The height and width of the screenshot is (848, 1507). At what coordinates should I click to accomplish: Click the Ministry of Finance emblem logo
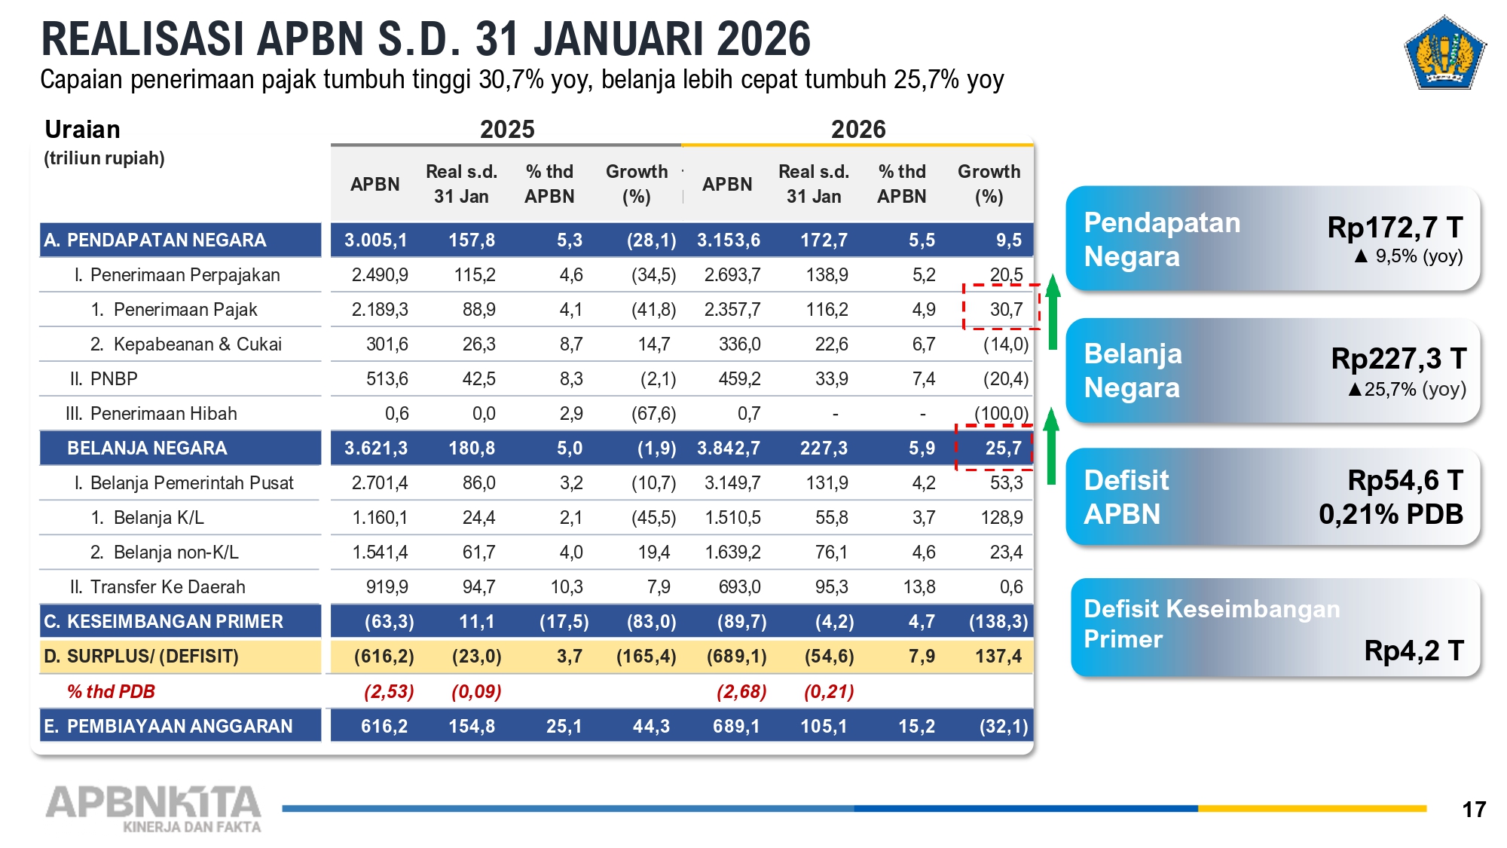[1444, 53]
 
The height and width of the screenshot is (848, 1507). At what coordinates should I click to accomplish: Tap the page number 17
[1473, 810]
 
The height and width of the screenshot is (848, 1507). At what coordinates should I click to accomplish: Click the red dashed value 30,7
[1006, 309]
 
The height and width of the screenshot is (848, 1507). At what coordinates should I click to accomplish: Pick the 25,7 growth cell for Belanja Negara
[1003, 448]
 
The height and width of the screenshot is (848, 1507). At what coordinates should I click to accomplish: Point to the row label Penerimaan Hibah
[163, 414]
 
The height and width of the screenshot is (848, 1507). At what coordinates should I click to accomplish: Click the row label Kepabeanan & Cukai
[197, 344]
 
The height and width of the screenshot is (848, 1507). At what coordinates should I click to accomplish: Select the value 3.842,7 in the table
[728, 448]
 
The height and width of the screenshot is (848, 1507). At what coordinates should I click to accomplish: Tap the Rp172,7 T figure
[1395, 227]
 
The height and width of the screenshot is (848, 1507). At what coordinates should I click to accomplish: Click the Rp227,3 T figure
[1398, 359]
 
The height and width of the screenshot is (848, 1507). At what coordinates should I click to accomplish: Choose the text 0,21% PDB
[1390, 514]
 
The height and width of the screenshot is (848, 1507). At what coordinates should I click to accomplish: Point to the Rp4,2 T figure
[1414, 650]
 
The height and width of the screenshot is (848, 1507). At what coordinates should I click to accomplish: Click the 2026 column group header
[858, 129]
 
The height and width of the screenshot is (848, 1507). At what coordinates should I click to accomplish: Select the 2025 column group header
[507, 129]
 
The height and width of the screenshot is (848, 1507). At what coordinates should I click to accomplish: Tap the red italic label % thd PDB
[111, 691]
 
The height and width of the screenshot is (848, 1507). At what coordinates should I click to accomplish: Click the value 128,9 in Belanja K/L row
[1006, 518]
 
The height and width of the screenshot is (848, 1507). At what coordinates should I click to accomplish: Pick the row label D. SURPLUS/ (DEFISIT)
[141, 657]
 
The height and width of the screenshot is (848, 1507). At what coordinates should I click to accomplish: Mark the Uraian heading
[82, 130]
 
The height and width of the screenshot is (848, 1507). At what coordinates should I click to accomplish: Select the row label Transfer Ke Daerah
[167, 587]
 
